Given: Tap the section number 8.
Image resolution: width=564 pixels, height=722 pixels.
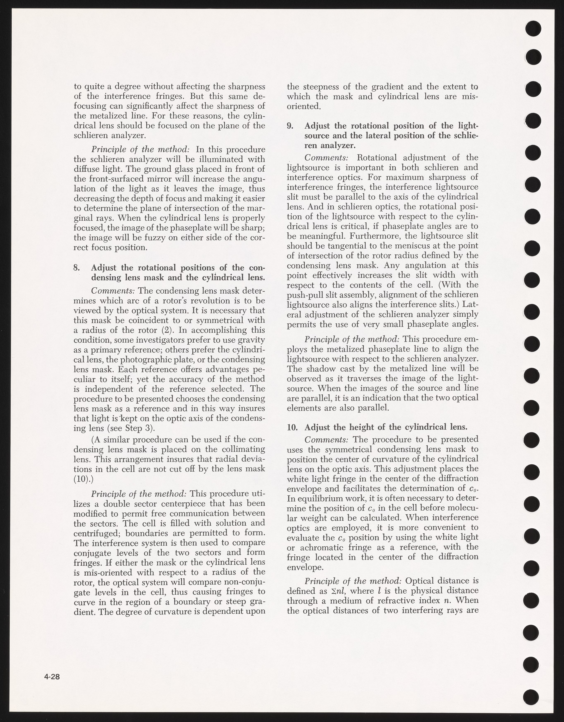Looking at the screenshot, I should [76, 268].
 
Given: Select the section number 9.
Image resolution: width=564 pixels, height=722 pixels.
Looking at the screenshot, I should [290, 126].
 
